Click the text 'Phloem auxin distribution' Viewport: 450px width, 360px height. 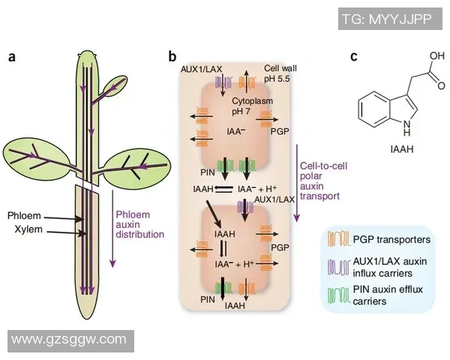click(x=139, y=223)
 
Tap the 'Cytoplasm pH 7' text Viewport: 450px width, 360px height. click(x=233, y=104)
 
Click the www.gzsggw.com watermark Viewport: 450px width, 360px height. click(x=69, y=341)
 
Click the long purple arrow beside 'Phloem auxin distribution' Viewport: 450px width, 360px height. click(x=112, y=225)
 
